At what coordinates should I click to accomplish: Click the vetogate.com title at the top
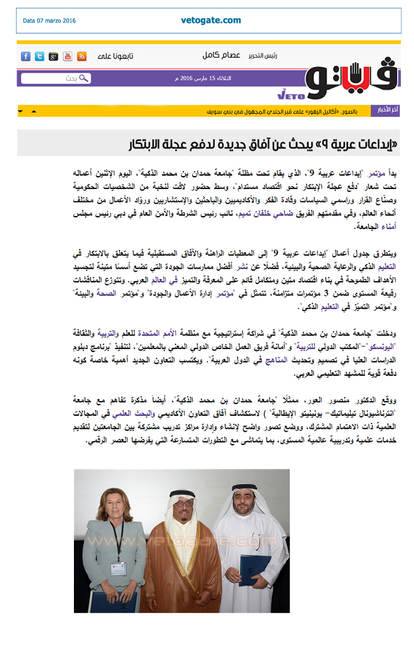211,20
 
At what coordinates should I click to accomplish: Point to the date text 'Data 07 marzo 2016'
50,21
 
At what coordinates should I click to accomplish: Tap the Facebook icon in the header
25,57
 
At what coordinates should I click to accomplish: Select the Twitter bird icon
39,57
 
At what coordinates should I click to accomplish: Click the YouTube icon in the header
67,57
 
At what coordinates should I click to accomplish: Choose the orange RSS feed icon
82,57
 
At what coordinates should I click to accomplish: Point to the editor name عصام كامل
221,56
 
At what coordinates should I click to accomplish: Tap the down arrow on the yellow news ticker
21,111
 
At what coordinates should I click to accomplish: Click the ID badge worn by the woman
118,568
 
